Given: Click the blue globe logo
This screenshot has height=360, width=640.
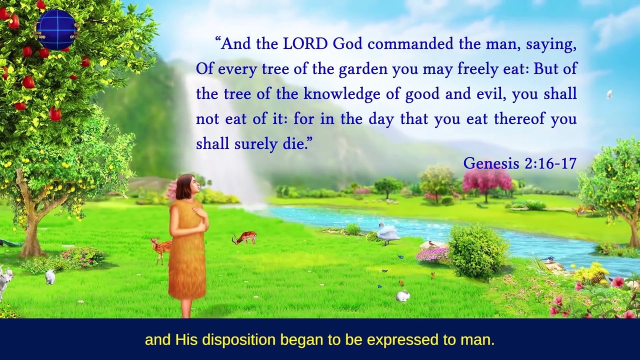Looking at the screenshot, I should [x=56, y=30].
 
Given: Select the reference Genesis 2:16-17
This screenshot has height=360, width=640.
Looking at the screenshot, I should [x=520, y=163].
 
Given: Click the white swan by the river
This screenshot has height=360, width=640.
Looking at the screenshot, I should [x=387, y=233].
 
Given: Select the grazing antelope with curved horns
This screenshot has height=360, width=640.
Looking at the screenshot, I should [x=245, y=237].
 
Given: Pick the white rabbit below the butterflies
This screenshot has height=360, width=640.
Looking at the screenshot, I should [x=402, y=296].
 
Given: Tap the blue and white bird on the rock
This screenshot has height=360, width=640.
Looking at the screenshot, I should [x=549, y=259].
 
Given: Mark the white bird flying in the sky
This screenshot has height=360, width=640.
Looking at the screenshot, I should [x=609, y=94].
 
